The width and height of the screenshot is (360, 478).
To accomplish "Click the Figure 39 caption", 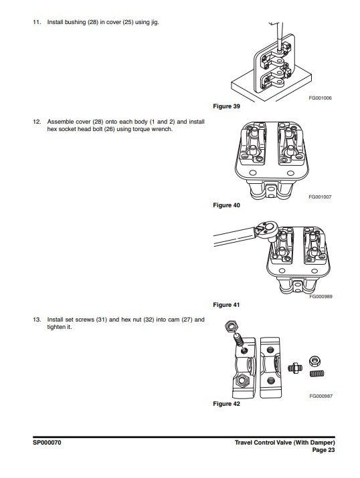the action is pyautogui.click(x=226, y=106).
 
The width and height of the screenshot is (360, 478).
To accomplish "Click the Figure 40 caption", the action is pyautogui.click(x=226, y=205).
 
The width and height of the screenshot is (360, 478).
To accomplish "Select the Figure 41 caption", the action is pyautogui.click(x=226, y=305).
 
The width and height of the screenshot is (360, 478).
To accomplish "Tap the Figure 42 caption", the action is pyautogui.click(x=226, y=404).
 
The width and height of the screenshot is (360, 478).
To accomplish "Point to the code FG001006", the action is pyautogui.click(x=320, y=98).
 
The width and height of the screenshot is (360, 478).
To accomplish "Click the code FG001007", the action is pyautogui.click(x=320, y=197).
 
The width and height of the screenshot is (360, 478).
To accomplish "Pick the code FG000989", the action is pyautogui.click(x=321, y=296).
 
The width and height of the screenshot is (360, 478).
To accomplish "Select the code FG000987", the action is pyautogui.click(x=321, y=396).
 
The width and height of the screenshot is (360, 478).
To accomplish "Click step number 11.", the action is pyautogui.click(x=37, y=22).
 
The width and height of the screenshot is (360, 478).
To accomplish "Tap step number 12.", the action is pyautogui.click(x=37, y=122).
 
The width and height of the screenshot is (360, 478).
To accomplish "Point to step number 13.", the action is pyautogui.click(x=37, y=320).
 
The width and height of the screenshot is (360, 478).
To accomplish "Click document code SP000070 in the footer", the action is pyautogui.click(x=47, y=443).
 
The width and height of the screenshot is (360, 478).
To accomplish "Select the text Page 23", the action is pyautogui.click(x=323, y=450).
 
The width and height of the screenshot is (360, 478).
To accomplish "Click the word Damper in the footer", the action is pyautogui.click(x=323, y=443).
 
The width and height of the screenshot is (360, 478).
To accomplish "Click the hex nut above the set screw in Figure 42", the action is pyautogui.click(x=231, y=326).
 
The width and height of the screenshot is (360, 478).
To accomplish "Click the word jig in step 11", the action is pyautogui.click(x=155, y=23).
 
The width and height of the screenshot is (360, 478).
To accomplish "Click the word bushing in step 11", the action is pyautogui.click(x=75, y=22).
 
